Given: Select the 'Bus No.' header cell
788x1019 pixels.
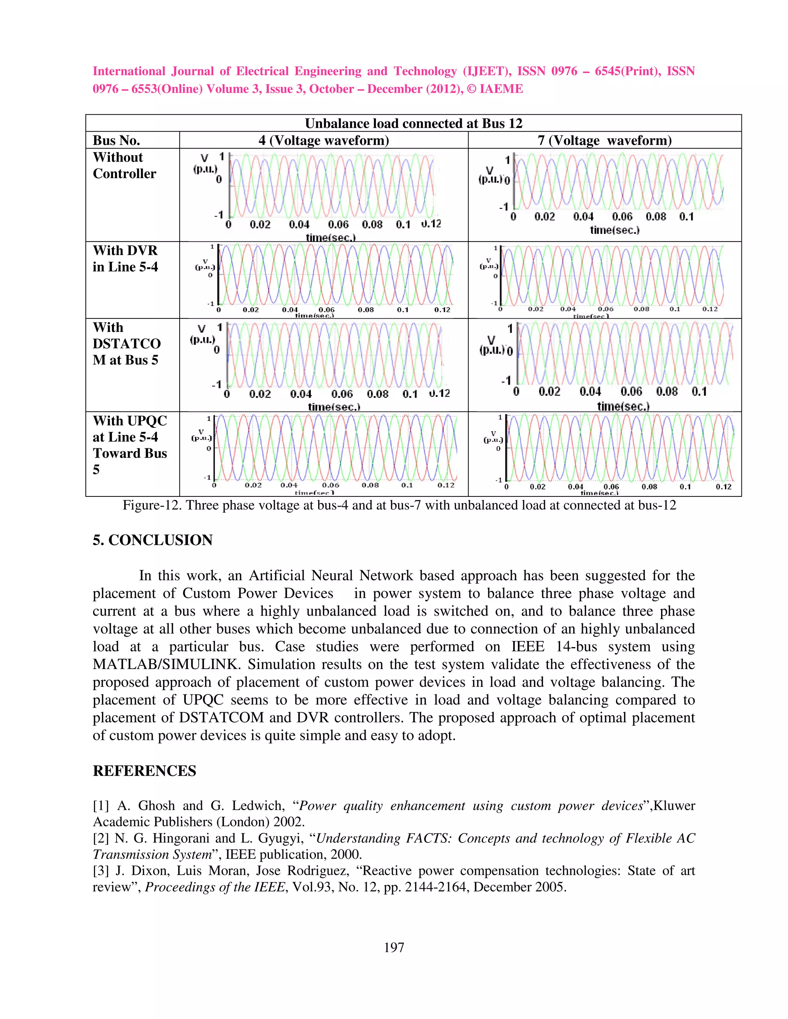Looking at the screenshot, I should (116, 140).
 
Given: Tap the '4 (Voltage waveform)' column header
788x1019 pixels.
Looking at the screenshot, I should (324, 140).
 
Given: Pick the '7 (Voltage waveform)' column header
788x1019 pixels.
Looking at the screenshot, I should (604, 140).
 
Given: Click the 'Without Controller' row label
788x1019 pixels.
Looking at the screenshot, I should (124, 165).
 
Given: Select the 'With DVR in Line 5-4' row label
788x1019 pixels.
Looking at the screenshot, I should (125, 258).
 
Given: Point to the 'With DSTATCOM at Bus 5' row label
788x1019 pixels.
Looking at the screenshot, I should (126, 343).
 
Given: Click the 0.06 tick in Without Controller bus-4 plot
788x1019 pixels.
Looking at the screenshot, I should (338, 225).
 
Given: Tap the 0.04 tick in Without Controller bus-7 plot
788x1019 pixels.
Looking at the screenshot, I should (583, 216).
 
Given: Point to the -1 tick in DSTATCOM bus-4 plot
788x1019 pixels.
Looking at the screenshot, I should (217, 385).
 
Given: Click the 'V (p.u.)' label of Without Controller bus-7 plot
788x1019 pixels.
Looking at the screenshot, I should (493, 175).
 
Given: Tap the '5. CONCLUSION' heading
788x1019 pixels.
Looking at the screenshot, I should (153, 540).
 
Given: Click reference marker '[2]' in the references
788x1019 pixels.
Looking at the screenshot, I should (100, 838).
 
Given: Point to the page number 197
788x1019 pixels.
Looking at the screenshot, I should (394, 947).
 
